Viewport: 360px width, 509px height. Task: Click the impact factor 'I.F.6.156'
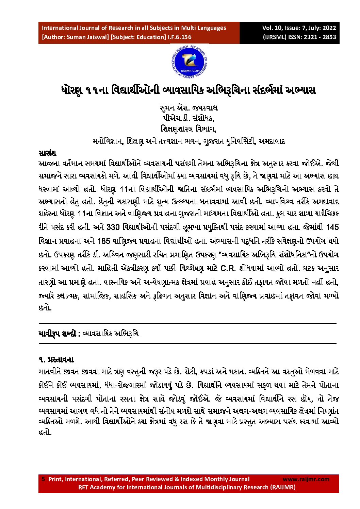tap(180, 37)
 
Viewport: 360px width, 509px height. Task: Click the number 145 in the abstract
tap(332, 227)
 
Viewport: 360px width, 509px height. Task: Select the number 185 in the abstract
tap(103, 241)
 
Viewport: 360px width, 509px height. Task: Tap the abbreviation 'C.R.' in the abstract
tap(228, 268)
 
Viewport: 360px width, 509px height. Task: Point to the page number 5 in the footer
tap(43, 479)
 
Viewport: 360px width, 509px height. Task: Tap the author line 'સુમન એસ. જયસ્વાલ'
tap(189, 108)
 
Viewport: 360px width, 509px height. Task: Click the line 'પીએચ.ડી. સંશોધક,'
tap(189, 118)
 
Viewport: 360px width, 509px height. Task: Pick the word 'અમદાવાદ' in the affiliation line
tap(272, 141)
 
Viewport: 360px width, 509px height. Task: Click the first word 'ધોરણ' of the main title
tap(72, 91)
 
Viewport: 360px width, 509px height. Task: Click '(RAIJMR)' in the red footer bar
tap(283, 487)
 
